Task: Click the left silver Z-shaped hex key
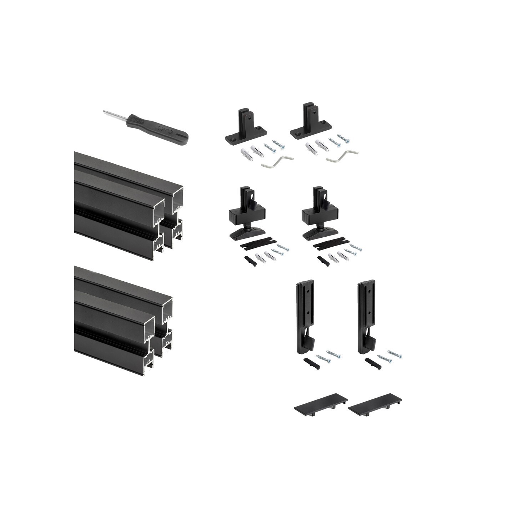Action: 277,162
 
